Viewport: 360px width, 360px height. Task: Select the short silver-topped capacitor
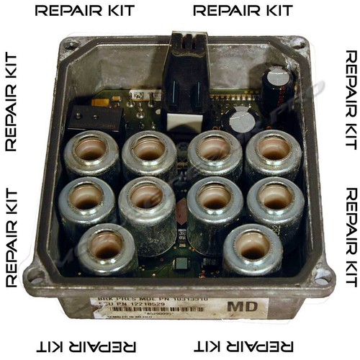(x=243, y=120)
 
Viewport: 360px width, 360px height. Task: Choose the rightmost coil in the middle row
(x=276, y=202)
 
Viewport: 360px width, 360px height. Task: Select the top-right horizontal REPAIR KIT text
(x=243, y=12)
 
